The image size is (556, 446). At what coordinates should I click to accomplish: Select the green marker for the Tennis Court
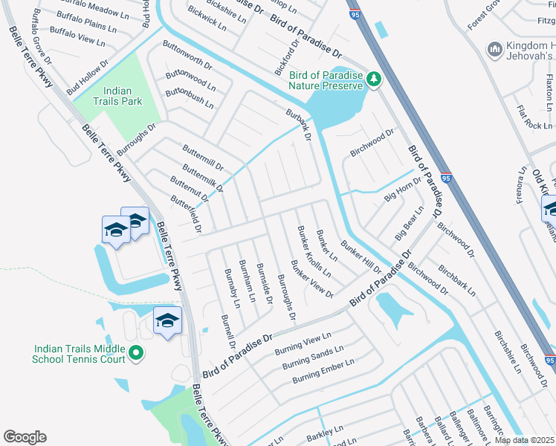pyautogui.click(x=135, y=353)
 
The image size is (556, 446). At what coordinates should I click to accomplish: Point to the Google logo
pyautogui.click(x=25, y=437)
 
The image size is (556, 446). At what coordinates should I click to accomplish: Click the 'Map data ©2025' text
pyautogui.click(x=524, y=440)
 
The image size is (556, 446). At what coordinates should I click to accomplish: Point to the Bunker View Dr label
pyautogui.click(x=312, y=279)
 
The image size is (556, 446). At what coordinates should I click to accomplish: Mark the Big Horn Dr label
pyautogui.click(x=402, y=190)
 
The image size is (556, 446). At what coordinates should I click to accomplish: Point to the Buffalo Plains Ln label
pyautogui.click(x=86, y=26)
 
